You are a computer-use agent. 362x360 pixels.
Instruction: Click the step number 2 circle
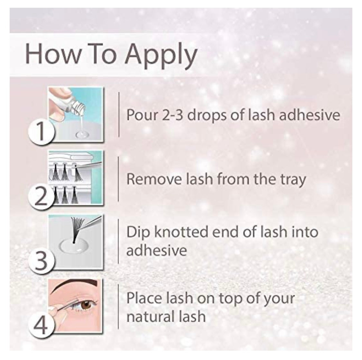(x=41, y=196)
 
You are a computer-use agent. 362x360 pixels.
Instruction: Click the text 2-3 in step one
(x=172, y=115)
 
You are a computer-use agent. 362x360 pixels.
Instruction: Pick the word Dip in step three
(x=138, y=233)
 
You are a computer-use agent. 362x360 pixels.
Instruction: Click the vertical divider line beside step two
(x=118, y=179)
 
